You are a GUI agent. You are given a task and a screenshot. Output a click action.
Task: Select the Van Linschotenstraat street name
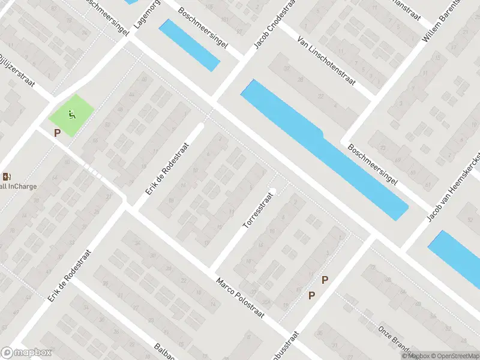326,60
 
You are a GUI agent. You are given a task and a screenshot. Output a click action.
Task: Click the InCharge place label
18,186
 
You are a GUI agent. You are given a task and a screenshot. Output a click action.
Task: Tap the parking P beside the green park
57,133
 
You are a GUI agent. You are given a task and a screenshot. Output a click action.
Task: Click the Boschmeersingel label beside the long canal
373,167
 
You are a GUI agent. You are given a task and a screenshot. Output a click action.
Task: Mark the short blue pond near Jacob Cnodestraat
189,44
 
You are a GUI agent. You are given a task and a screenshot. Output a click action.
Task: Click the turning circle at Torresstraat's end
272,191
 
